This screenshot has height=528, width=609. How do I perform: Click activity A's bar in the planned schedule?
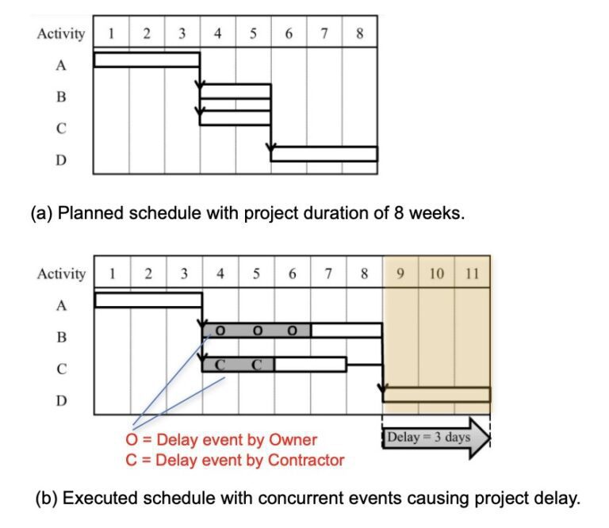click(147, 59)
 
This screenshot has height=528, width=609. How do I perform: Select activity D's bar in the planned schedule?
click(324, 153)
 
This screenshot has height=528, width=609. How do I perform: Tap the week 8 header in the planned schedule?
click(360, 33)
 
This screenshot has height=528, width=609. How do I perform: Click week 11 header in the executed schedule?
click(472, 274)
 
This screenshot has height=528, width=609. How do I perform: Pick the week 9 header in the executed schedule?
click(400, 274)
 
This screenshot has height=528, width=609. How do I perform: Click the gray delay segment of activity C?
click(239, 364)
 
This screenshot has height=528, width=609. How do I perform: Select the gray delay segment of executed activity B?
click(257, 330)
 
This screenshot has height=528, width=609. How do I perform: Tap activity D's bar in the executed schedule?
click(436, 394)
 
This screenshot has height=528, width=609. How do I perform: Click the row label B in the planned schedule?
click(61, 97)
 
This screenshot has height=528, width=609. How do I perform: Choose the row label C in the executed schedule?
click(61, 369)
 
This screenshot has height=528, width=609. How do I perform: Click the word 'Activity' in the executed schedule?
click(61, 274)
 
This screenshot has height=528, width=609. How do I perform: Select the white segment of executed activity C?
click(310, 364)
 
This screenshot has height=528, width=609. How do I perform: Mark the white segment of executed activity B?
click(346, 330)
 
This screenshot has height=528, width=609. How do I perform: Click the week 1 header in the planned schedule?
click(111, 33)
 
